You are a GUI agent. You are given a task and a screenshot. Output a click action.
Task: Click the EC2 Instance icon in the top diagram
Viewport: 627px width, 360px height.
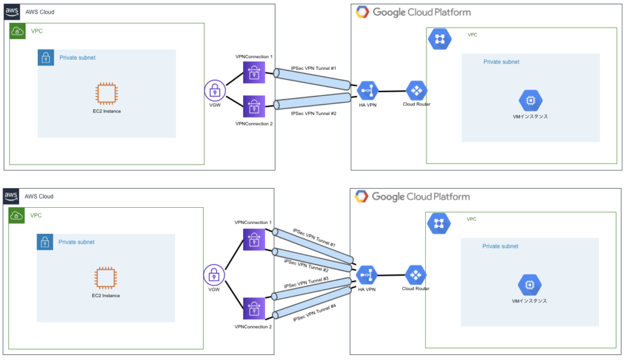point(106,93)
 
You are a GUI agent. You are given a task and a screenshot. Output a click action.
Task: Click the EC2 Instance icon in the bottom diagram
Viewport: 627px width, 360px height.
point(106,278)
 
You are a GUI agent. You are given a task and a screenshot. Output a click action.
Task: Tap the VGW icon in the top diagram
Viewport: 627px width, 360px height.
point(214,91)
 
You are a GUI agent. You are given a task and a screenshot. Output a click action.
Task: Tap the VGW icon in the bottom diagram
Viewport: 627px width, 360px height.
point(214,275)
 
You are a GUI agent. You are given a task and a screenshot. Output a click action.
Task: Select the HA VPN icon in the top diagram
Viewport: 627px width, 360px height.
point(366,91)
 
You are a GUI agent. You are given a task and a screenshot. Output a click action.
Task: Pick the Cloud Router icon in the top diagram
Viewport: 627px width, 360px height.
point(416,91)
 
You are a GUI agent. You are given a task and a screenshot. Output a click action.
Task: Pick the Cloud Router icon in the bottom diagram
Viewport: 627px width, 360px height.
point(415,275)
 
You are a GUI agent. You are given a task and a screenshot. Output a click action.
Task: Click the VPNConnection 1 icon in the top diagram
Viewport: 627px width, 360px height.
point(253,72)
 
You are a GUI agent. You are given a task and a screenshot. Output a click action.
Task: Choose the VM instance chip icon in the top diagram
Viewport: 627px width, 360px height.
point(530,101)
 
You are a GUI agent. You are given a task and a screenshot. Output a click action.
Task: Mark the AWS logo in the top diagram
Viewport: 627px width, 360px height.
point(12,11)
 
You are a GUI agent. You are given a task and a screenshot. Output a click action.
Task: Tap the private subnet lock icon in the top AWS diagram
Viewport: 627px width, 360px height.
point(46,57)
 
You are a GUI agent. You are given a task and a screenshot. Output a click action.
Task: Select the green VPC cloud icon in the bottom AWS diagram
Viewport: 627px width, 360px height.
point(17,216)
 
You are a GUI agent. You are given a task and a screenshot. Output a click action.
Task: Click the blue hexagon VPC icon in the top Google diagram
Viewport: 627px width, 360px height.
point(440,39)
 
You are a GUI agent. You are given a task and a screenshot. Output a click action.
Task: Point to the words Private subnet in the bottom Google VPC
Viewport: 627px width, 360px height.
point(500,246)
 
